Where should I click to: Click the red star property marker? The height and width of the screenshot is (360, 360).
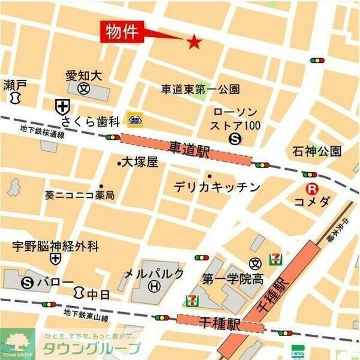click(x=194, y=41)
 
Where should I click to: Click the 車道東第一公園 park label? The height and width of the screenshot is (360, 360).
click(x=200, y=89)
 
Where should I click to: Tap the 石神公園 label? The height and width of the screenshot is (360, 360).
click(x=317, y=150)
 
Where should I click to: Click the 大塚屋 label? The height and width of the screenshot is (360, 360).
click(x=139, y=162)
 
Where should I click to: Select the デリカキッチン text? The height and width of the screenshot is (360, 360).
click(x=217, y=187)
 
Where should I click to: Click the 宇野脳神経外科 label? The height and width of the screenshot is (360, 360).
click(x=56, y=246)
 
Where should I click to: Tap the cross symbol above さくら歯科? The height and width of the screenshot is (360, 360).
click(x=62, y=107)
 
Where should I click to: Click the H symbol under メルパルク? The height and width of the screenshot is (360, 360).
click(x=154, y=287)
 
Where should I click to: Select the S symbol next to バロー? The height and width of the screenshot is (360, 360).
click(x=26, y=282)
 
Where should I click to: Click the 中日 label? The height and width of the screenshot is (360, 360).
click(x=95, y=294)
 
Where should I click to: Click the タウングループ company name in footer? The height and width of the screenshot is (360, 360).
click(x=91, y=348)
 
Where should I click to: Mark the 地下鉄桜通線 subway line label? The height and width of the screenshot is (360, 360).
click(x=42, y=131)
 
